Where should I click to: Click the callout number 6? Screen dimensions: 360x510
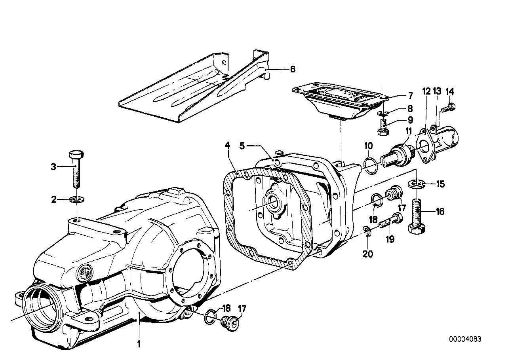pos(292,69)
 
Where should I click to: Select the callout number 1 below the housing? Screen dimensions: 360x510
pos(139,345)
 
